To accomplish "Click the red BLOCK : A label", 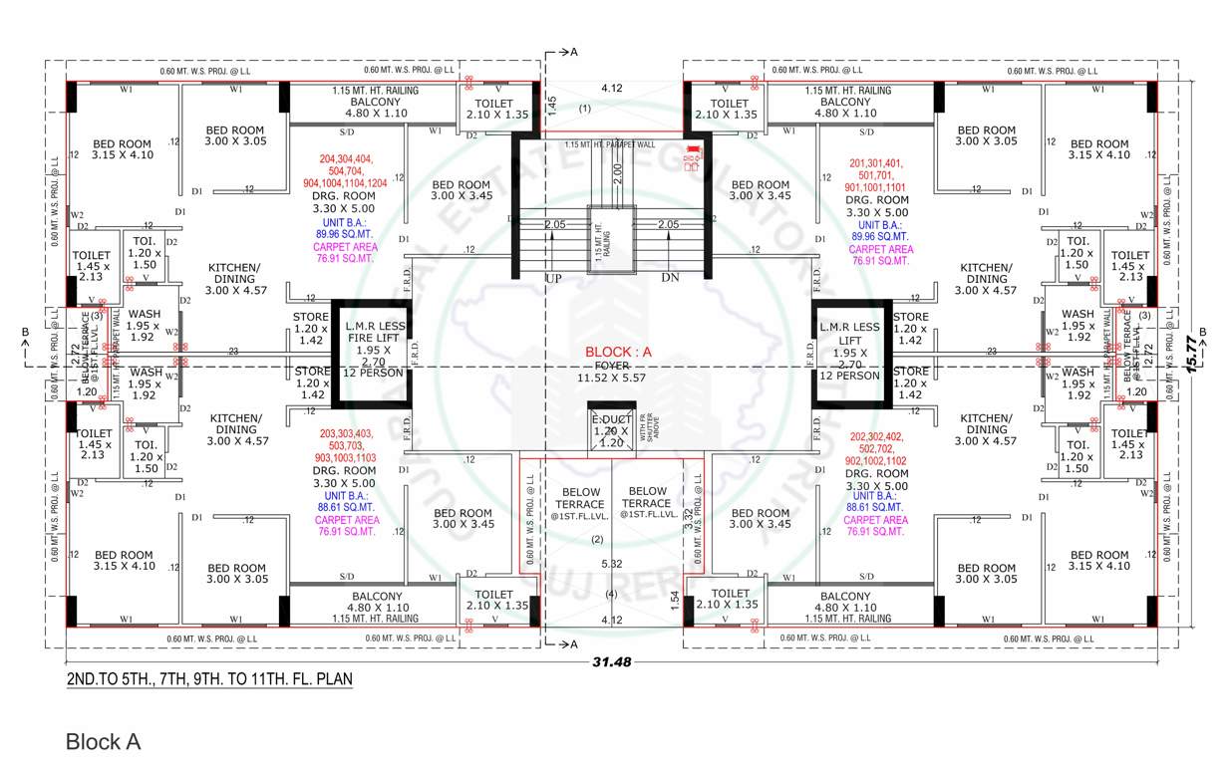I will point(617,352).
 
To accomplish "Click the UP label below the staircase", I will point(553,278).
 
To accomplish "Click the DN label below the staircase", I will point(670,278).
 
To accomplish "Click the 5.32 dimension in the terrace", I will point(613,564).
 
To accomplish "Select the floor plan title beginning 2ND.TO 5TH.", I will point(208,679).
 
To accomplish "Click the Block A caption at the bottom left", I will point(103,742).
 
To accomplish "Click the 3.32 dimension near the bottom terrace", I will point(688,520).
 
